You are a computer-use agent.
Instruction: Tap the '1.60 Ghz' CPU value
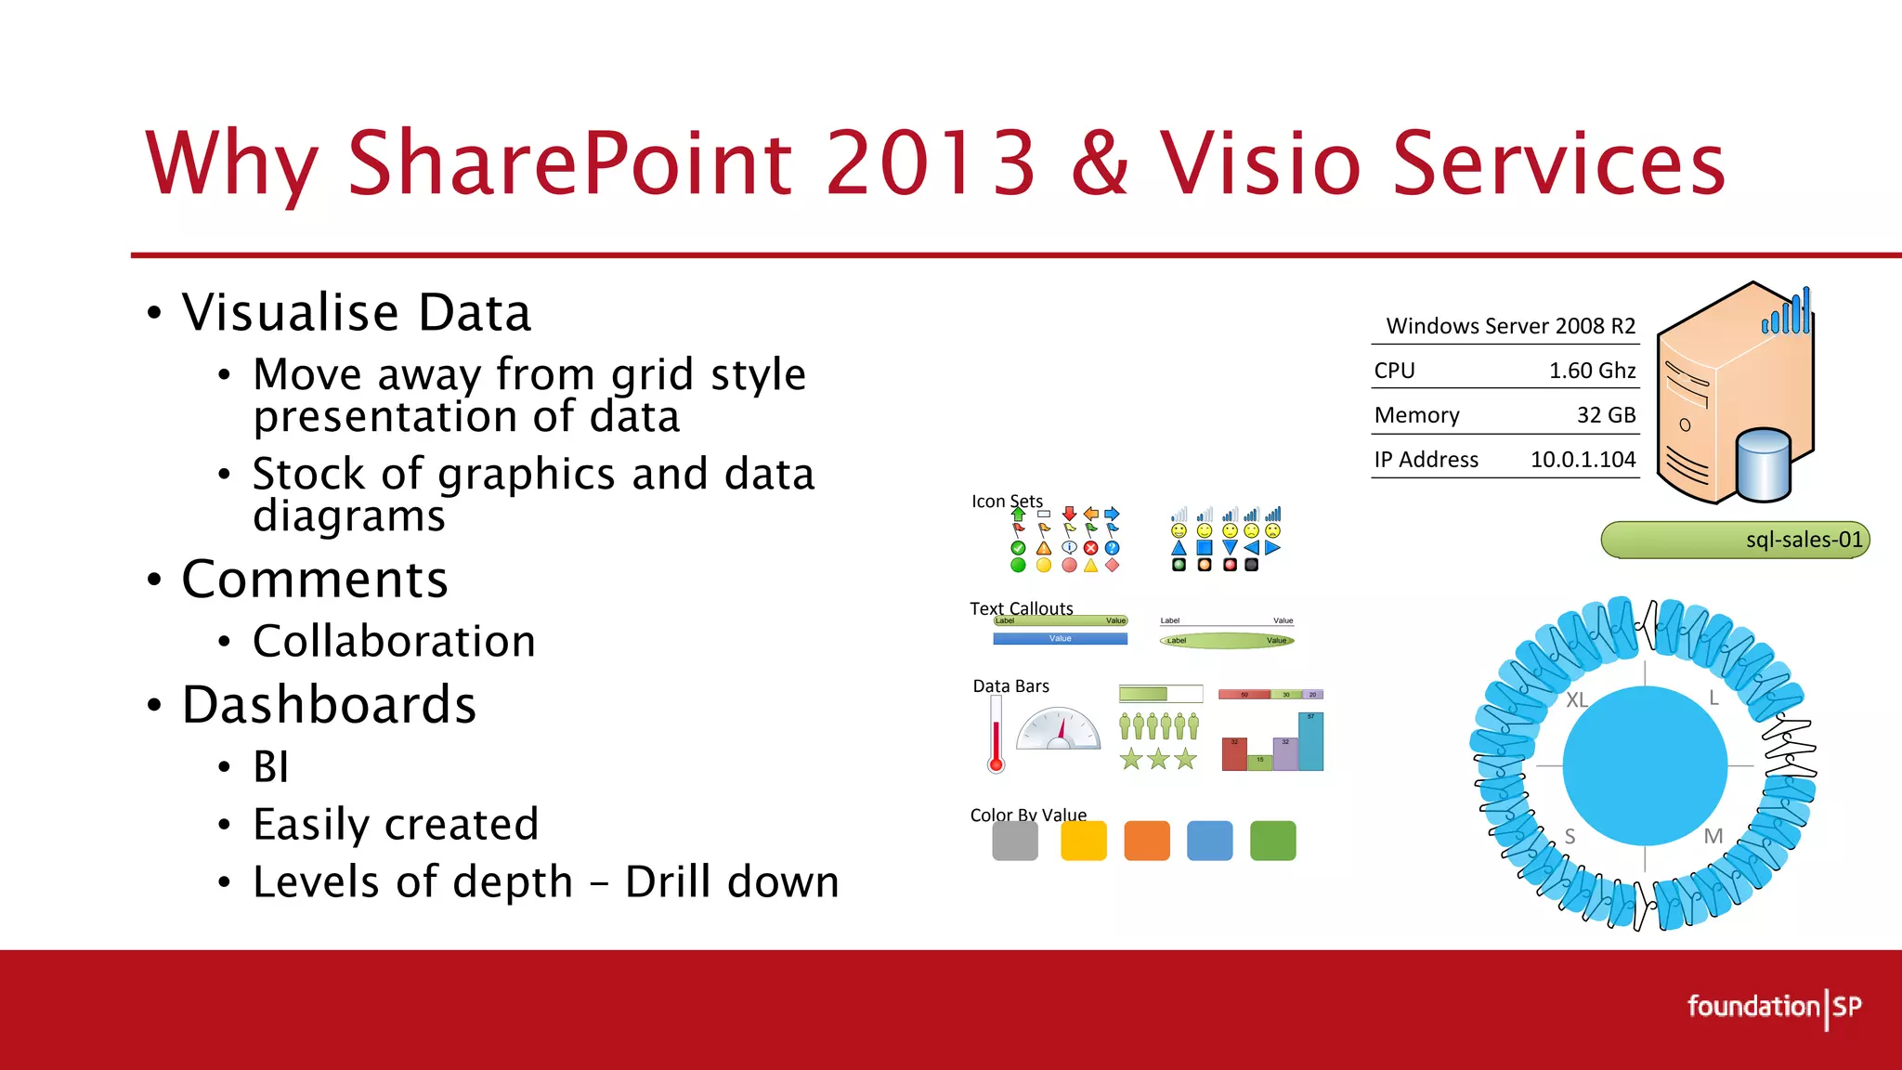pos(1592,371)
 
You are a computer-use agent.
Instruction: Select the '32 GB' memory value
pos(1606,415)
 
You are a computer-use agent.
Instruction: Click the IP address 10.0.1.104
pos(1583,460)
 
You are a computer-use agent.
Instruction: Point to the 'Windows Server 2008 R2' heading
pos(1510,326)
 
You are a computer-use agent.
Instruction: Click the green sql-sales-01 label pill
pos(1735,540)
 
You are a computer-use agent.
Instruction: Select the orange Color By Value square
pos(1147,841)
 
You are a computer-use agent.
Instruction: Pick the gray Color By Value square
pos(1015,841)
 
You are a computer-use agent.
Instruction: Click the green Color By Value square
pos(1272,841)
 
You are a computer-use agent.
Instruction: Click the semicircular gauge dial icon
pos(1059,730)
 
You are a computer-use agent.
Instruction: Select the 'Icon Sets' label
pos(1007,502)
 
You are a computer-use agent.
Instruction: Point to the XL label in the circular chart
pos(1576,700)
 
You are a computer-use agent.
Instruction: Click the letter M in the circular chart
pos(1713,836)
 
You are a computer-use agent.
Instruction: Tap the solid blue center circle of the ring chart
pos(1645,766)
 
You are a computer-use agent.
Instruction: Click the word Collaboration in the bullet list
pos(394,642)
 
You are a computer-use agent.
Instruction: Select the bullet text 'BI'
pos(270,767)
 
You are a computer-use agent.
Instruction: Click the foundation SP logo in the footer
pos(1774,1008)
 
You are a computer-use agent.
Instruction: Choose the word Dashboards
pos(329,705)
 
